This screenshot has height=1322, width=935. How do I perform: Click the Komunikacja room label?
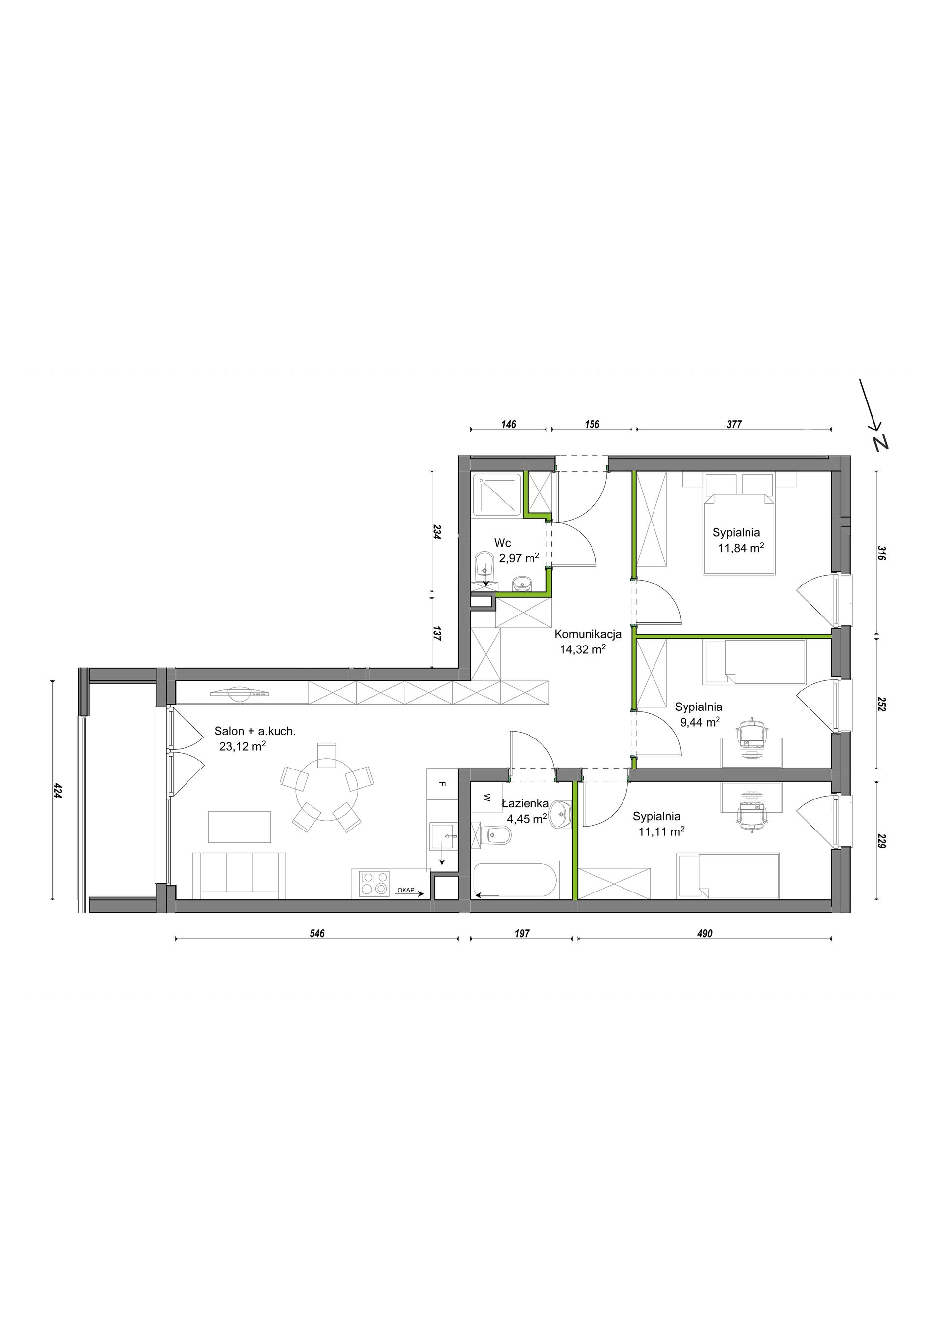click(588, 635)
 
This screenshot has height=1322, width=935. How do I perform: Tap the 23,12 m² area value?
click(243, 747)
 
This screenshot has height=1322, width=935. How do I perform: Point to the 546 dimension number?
click(317, 933)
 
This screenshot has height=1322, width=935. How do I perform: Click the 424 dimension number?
click(58, 789)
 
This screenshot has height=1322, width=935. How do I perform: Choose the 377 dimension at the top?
click(734, 425)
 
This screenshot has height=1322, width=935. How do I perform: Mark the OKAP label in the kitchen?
click(406, 890)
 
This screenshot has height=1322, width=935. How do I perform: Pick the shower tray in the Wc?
click(498, 493)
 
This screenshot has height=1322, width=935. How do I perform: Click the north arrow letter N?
click(881, 442)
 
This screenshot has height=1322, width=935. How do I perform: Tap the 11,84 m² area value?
click(741, 548)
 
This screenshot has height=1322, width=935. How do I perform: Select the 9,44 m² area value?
click(700, 722)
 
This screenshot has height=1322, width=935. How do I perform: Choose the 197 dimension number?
click(522, 933)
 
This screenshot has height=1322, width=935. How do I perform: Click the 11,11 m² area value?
click(661, 831)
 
